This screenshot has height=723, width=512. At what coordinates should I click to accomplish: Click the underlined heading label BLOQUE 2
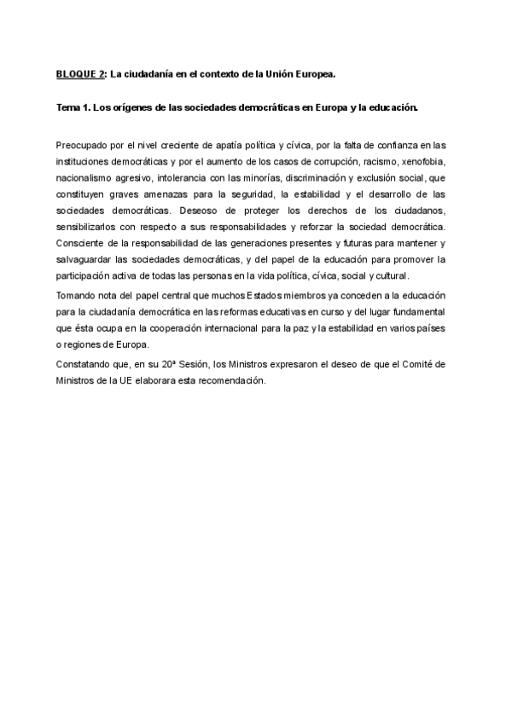[79, 74]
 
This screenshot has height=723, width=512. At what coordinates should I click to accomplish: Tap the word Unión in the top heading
[285, 74]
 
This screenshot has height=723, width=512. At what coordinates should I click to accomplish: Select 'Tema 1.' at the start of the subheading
[73, 109]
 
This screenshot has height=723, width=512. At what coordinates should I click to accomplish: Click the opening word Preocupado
[81, 145]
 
